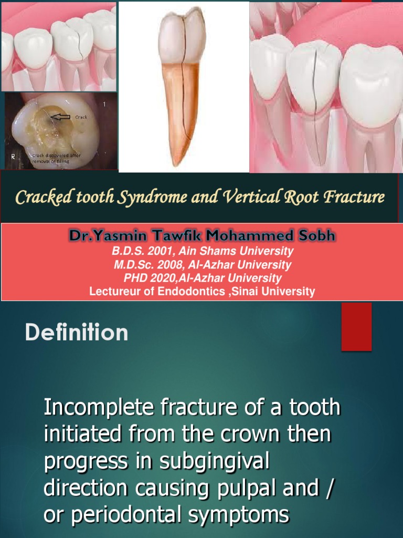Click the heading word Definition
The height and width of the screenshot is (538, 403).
point(77,333)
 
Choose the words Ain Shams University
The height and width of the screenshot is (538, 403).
point(236,251)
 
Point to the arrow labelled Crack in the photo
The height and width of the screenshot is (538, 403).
point(61,117)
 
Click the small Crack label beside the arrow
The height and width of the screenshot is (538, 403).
point(81,117)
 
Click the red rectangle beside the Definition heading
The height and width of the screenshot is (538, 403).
point(356,326)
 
